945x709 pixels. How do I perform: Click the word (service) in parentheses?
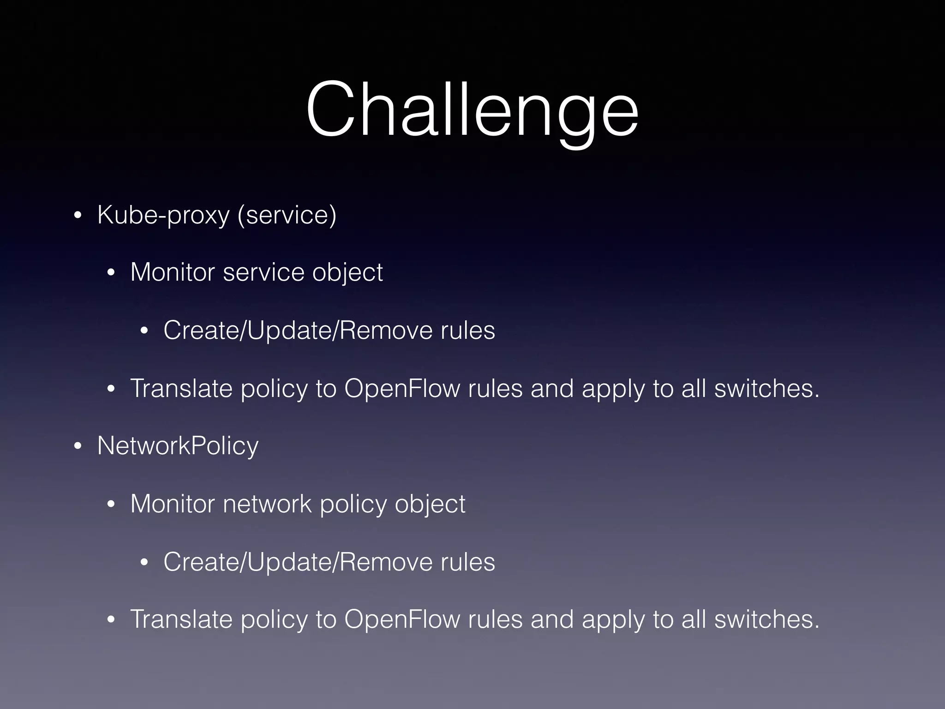pyautogui.click(x=287, y=215)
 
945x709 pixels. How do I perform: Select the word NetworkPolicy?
pyautogui.click(x=178, y=446)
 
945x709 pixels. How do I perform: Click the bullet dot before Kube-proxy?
pyautogui.click(x=78, y=216)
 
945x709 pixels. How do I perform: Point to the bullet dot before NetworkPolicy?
pyautogui.click(x=78, y=447)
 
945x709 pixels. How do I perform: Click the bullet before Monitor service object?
pyautogui.click(x=111, y=273)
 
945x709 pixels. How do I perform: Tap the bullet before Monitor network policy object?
pyautogui.click(x=111, y=505)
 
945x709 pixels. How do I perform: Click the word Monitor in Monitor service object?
pyautogui.click(x=173, y=272)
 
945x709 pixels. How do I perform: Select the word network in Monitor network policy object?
pyautogui.click(x=267, y=504)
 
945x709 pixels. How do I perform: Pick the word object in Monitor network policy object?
pyautogui.click(x=430, y=505)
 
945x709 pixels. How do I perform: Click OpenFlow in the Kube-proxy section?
pyautogui.click(x=402, y=389)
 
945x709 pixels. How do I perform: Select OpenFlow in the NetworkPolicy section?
pyautogui.click(x=402, y=619)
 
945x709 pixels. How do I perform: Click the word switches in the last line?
pyautogui.click(x=766, y=619)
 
